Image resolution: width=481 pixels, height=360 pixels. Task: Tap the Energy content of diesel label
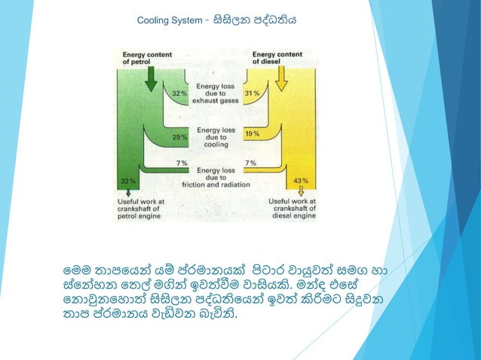tap(277, 58)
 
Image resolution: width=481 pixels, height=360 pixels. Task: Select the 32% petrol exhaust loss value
tap(179, 93)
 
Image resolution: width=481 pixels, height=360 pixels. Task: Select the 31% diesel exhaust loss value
tap(252, 93)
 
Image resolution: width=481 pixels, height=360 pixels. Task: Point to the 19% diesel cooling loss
tap(252, 133)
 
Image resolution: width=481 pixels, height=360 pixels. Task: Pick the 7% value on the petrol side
tap(182, 163)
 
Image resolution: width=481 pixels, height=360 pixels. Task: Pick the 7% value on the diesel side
tap(250, 163)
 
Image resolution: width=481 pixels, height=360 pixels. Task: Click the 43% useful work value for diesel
tap(300, 181)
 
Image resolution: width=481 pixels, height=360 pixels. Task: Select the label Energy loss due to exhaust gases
tap(216, 93)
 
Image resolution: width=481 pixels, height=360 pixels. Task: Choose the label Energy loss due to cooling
tap(216, 137)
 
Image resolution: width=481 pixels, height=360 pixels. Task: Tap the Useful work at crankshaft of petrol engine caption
tap(145, 209)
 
